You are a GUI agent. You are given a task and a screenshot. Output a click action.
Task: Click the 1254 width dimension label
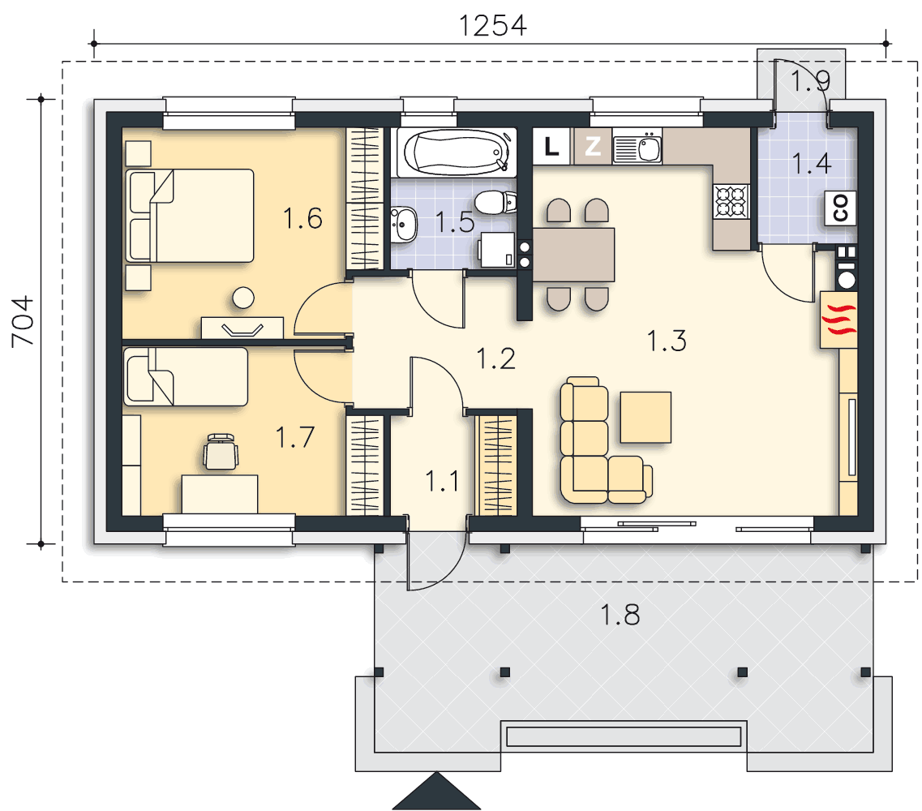click(492, 26)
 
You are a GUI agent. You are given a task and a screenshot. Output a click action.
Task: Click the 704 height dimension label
click(24, 322)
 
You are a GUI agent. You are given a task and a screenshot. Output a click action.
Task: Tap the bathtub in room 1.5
click(457, 153)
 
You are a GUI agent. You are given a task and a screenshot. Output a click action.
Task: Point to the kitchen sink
click(637, 148)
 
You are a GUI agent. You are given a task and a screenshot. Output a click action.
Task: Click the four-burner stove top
click(731, 201)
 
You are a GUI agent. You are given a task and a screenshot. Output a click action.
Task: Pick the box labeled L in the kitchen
click(551, 147)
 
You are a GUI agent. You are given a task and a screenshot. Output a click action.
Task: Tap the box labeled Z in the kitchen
click(592, 147)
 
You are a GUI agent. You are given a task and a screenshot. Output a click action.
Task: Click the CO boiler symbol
click(840, 208)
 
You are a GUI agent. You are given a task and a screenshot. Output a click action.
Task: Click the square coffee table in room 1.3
click(645, 417)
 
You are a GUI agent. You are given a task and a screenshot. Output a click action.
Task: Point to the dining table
click(574, 255)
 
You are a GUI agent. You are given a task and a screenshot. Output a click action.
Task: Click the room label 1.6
click(302, 219)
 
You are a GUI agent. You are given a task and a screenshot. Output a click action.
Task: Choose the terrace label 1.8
click(620, 615)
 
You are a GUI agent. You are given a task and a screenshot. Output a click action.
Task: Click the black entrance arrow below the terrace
click(436, 792)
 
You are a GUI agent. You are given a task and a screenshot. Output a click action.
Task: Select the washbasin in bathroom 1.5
click(403, 224)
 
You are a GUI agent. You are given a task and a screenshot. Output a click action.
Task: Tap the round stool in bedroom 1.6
click(242, 298)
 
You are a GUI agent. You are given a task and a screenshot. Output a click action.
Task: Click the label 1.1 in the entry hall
click(442, 482)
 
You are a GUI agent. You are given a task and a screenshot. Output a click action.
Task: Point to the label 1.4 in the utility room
click(812, 164)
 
